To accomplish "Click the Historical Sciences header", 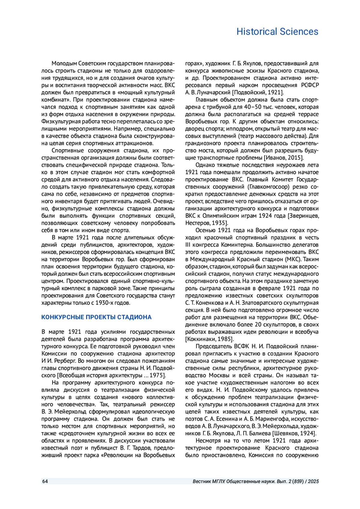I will point(277,31).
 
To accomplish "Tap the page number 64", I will point(45,481).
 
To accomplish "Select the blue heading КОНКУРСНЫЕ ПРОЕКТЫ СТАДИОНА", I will point(96,317).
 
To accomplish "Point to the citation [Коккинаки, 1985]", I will point(209,339).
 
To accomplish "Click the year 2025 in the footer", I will point(313,481).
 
